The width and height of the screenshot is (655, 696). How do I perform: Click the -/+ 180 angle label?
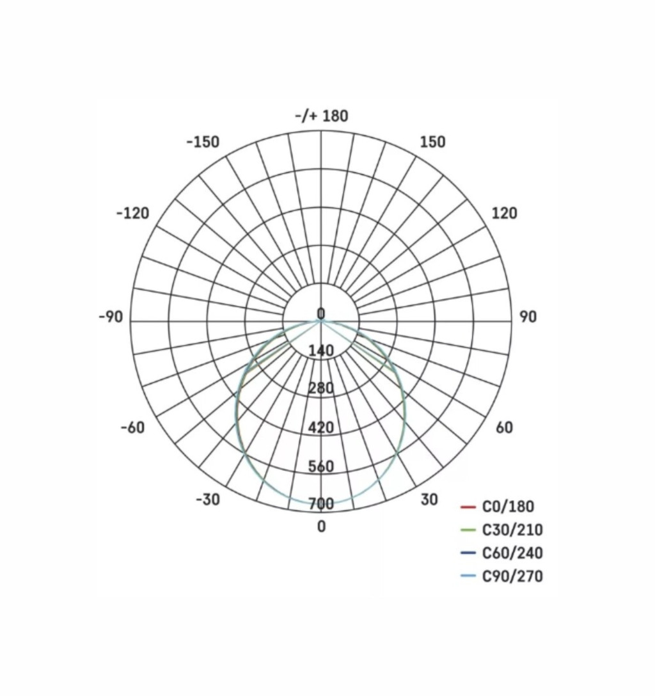pos(322,116)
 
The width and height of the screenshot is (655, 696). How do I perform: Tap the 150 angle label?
pos(432,142)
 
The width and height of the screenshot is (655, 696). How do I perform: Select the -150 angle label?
pos(203,142)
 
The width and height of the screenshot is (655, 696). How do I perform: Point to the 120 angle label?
pos(505,214)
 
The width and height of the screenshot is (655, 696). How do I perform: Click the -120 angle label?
pos(132,214)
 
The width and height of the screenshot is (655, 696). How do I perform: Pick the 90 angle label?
pos(528,317)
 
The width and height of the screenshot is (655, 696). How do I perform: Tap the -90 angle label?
pos(111,317)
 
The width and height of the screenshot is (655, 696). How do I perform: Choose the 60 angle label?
pos(504,427)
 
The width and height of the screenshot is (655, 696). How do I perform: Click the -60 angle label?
pos(132,427)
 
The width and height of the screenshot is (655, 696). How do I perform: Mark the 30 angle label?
pos(430,500)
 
